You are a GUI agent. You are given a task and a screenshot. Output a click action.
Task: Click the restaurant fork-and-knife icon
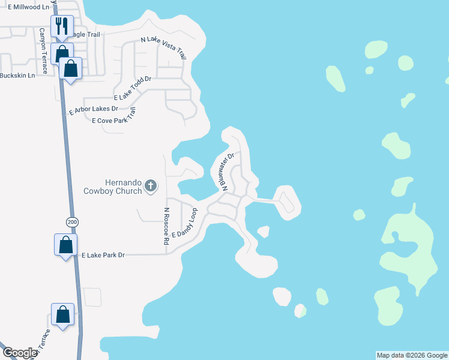coord(62,26)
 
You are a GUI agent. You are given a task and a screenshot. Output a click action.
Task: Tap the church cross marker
coord(151,187)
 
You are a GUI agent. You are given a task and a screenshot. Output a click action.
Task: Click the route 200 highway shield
coord(73,222)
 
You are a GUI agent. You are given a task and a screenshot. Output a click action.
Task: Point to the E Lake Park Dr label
coord(104,255)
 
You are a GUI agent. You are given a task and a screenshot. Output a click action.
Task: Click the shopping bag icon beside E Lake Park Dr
coord(65,245)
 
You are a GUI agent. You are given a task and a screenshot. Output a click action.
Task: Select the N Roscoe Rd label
coord(166,226)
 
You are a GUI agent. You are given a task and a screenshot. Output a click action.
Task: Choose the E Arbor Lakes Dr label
coord(94,110)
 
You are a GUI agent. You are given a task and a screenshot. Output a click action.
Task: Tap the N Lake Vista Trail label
coord(164,47)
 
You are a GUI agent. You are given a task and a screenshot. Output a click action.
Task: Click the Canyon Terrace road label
coord(43,48)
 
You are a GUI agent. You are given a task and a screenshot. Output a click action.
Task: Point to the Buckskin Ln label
coord(17,75)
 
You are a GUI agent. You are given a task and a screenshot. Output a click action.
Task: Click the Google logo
coord(20,353)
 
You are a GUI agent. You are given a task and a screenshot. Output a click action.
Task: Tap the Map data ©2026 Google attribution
coord(412,355)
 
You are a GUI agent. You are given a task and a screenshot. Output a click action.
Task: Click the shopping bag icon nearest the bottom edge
coord(63,315)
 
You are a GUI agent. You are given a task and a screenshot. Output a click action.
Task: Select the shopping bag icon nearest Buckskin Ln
coord(71,68)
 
